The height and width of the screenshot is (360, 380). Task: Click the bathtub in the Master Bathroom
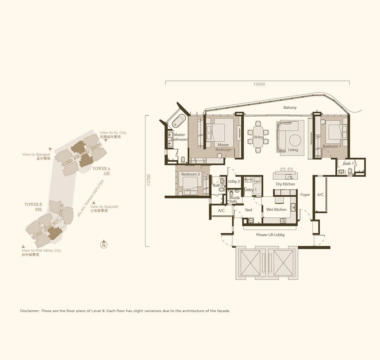(x=179, y=121)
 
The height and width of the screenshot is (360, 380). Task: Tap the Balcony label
(x=290, y=107)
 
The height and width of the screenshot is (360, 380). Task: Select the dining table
(x=258, y=137)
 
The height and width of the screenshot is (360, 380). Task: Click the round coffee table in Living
(x=295, y=141)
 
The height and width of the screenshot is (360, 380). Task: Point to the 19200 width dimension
(x=259, y=84)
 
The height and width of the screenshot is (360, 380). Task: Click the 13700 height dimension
(x=149, y=180)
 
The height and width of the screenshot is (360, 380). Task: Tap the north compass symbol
(x=104, y=244)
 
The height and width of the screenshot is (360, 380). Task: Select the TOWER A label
(x=101, y=168)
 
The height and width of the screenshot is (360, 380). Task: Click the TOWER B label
(x=33, y=204)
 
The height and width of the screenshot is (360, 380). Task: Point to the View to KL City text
(x=113, y=133)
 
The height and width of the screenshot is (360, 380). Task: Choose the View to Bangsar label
(x=36, y=154)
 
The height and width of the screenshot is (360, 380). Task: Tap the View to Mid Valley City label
(x=41, y=250)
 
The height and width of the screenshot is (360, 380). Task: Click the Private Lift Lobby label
(x=270, y=235)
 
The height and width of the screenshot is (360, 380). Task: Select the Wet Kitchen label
(x=276, y=210)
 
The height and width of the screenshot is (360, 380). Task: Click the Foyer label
(x=305, y=195)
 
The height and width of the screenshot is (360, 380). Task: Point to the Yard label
(x=248, y=210)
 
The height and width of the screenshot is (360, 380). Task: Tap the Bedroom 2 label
(x=190, y=174)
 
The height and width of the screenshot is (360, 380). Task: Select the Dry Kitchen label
(x=285, y=184)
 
